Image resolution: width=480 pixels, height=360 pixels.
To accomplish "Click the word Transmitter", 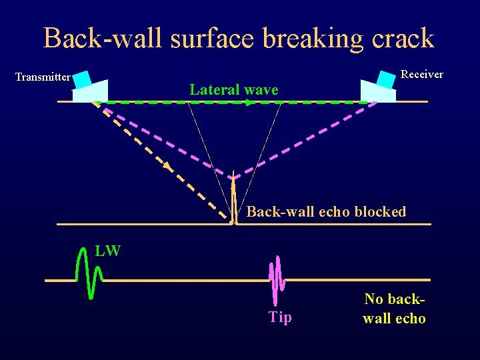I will pos(43,77).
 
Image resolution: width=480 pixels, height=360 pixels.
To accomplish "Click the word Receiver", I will pos(422,74).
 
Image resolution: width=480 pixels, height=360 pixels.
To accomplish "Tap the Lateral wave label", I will pos(233,89).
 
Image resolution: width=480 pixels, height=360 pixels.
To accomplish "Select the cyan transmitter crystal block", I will pos(82,79).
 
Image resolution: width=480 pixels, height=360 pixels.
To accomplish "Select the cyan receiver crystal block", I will pos(386,78).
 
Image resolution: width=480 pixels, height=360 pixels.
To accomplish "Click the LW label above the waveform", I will pos(107,251).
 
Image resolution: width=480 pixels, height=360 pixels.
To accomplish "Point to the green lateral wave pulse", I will pos(89,273).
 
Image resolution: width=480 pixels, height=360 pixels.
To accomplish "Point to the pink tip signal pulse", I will pos(277,280).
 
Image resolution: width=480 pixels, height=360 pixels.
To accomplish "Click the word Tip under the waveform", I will pos(280,317).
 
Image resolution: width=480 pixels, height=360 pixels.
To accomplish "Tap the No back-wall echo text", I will pos(394,309).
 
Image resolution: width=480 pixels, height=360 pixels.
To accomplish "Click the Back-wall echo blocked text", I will pos(326,212).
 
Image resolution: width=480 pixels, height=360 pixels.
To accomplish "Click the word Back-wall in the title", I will pos(103,38).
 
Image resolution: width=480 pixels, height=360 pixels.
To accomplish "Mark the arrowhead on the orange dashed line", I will pos(167,166).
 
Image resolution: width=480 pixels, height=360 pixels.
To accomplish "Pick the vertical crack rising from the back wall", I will pos(233,200).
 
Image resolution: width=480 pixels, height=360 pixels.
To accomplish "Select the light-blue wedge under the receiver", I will pos(377,92).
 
